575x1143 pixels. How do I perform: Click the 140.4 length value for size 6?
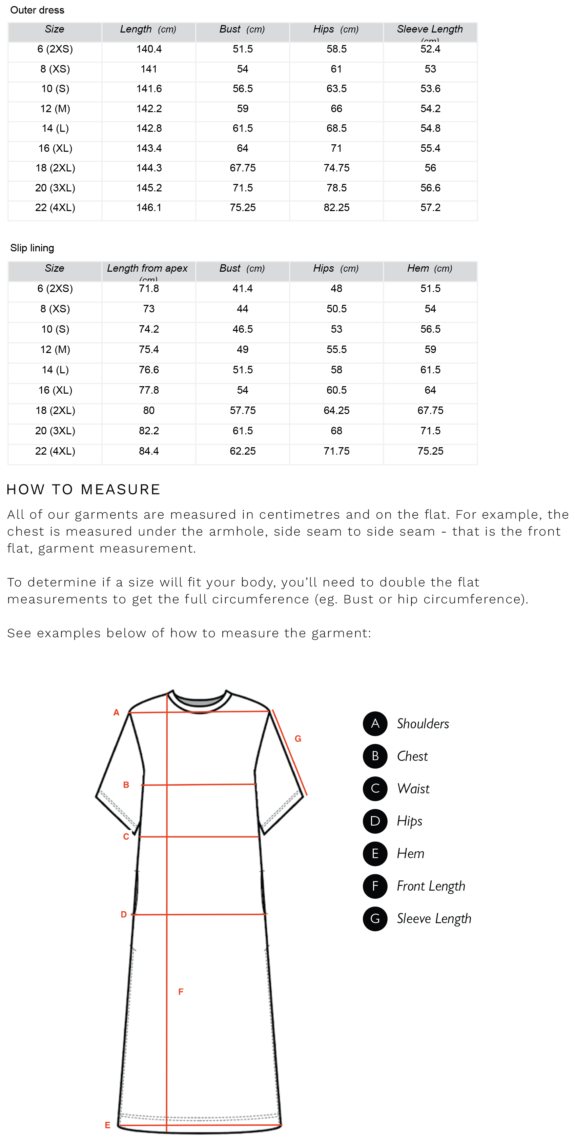click(149, 49)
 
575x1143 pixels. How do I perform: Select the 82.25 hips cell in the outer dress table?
click(336, 208)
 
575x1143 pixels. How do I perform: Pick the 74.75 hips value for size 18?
click(336, 168)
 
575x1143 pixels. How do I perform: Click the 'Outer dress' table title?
click(37, 10)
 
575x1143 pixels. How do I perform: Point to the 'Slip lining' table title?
click(32, 248)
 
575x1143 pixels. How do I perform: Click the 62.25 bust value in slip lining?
click(242, 451)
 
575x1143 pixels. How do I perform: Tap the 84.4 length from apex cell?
click(149, 451)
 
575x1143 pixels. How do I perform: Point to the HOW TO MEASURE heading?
click(83, 490)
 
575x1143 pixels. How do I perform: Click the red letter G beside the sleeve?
click(298, 739)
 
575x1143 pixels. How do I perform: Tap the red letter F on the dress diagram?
click(181, 992)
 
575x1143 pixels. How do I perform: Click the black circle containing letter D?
click(375, 821)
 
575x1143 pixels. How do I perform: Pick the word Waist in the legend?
click(413, 789)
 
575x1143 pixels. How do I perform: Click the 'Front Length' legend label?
click(431, 886)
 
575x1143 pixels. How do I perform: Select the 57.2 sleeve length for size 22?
click(430, 208)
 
